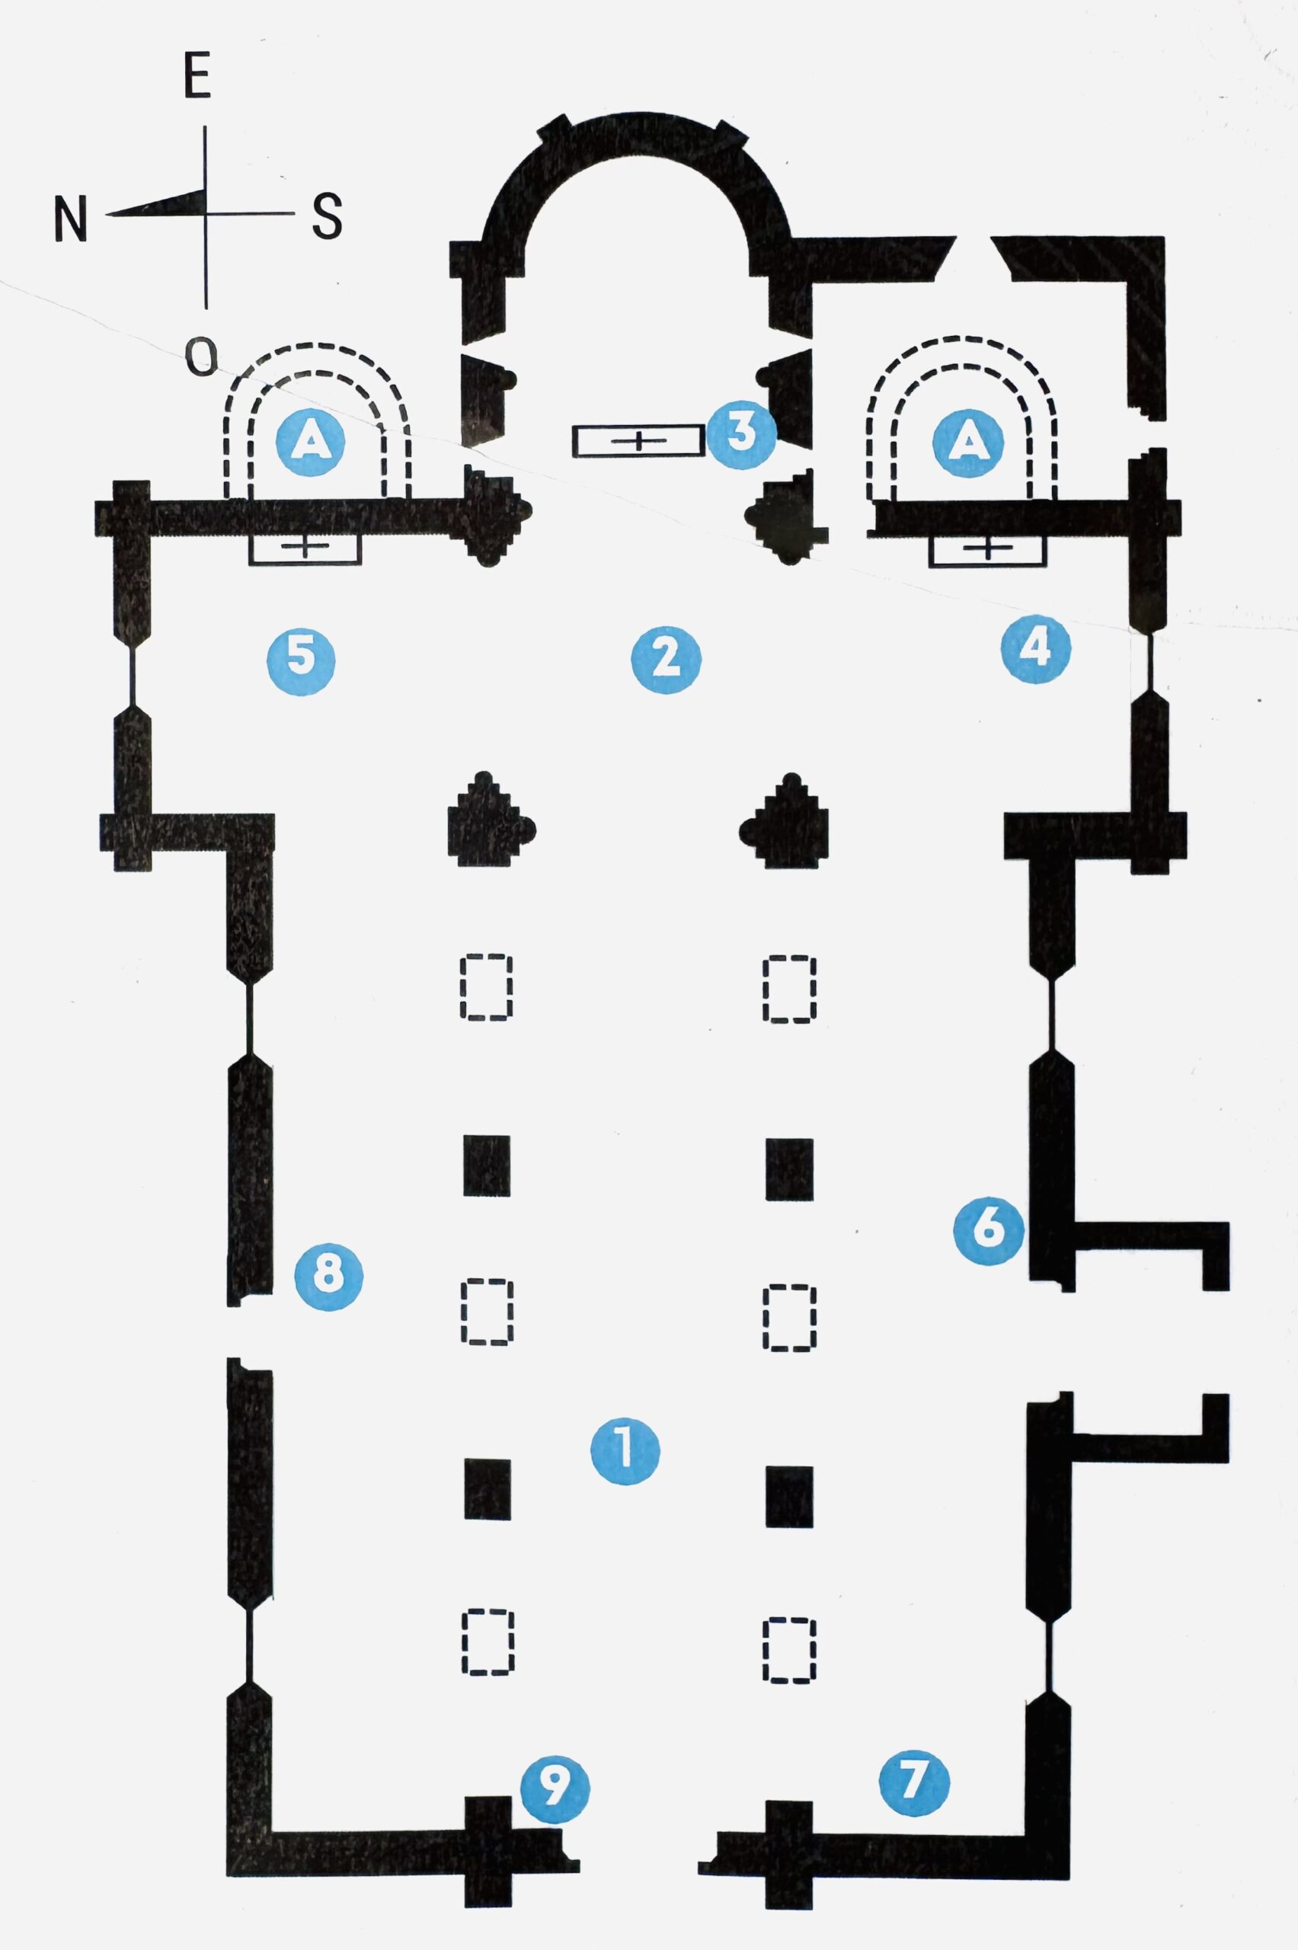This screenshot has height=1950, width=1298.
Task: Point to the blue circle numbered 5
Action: (302, 659)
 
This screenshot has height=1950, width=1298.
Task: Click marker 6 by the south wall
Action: (989, 1229)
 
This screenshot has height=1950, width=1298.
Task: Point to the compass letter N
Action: (70, 219)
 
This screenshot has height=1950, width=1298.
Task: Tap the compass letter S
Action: (327, 216)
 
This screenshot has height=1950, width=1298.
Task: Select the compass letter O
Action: (200, 357)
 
